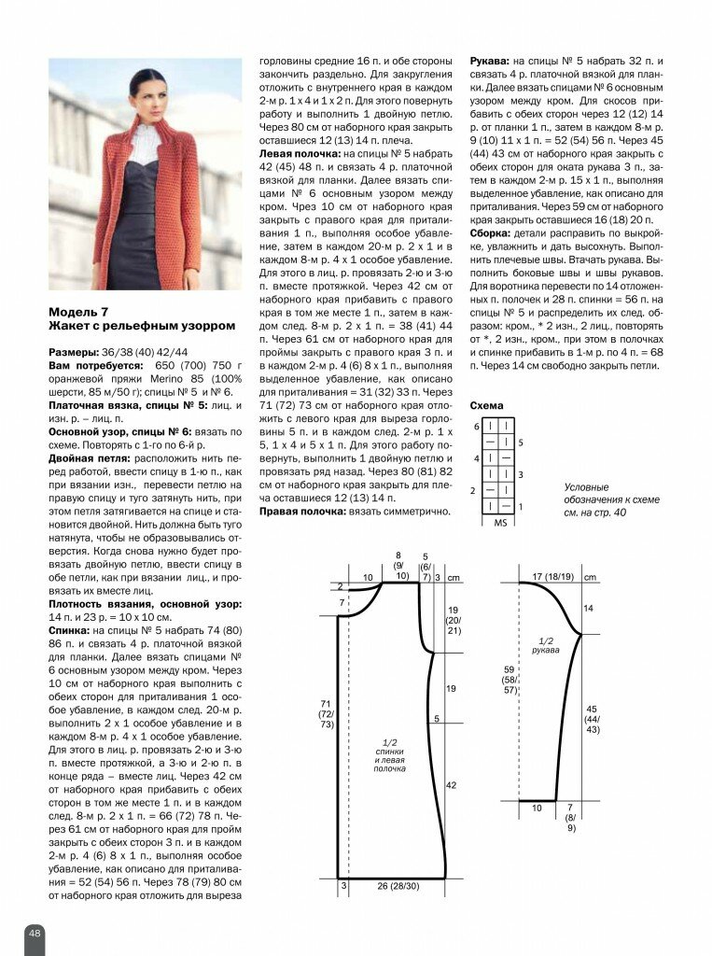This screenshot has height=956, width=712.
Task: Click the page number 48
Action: point(35,933)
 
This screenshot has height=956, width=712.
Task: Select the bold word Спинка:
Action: point(74,631)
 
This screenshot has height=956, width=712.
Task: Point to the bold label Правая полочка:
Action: point(304,512)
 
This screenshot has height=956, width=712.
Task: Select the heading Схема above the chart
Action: point(486,406)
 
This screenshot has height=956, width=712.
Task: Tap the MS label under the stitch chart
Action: point(500,523)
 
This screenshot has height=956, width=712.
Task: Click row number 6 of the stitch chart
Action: point(475,426)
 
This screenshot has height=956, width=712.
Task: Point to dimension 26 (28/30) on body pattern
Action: point(397,885)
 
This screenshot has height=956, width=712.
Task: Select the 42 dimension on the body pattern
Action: point(451,786)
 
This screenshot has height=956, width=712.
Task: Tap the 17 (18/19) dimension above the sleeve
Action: point(552,577)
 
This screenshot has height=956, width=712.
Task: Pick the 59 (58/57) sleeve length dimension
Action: point(509,680)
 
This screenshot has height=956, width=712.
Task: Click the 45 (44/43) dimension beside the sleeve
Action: point(593,718)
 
